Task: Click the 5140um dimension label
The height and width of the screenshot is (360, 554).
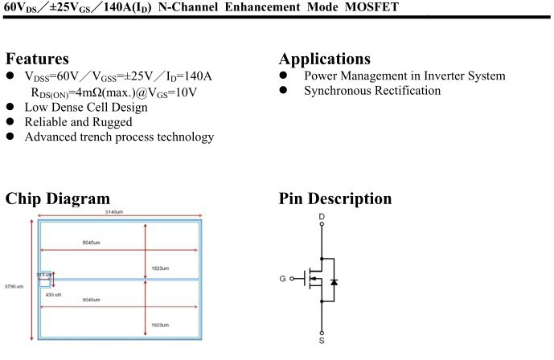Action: point(114,211)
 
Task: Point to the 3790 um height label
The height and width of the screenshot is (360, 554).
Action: point(14,286)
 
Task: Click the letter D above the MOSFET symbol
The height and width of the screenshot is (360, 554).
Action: point(322,216)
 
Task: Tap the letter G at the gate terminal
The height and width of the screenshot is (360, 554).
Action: point(282,279)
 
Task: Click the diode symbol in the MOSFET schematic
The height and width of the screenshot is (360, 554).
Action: point(334,282)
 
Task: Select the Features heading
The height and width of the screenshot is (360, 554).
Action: point(37,59)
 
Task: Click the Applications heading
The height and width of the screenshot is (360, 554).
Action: point(324,59)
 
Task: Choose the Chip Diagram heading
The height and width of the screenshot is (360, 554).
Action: point(57,198)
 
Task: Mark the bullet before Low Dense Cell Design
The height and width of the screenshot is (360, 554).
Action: point(10,107)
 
